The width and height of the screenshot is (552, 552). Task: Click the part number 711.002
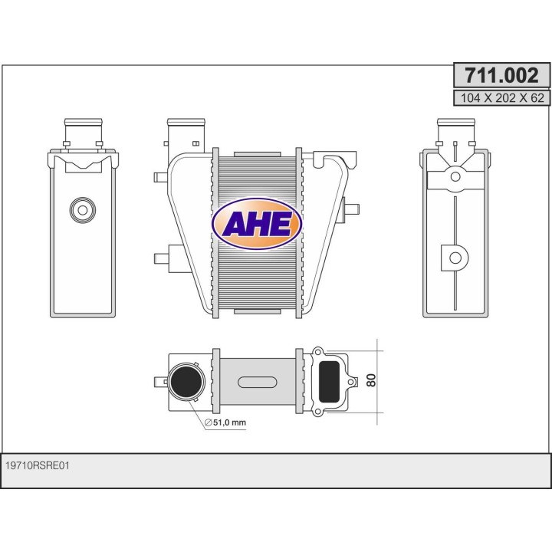[501, 75]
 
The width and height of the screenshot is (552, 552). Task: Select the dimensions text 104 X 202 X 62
[501, 97]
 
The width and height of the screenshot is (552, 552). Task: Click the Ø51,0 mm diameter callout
[225, 422]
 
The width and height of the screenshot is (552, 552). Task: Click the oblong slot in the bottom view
[257, 382]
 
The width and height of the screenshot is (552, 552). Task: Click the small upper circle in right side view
[455, 176]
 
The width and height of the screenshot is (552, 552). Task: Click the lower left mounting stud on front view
[161, 258]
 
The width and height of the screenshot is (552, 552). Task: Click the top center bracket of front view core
[257, 153]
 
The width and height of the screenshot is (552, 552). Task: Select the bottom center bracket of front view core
[257, 310]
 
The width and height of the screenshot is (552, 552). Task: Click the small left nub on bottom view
[159, 380]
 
